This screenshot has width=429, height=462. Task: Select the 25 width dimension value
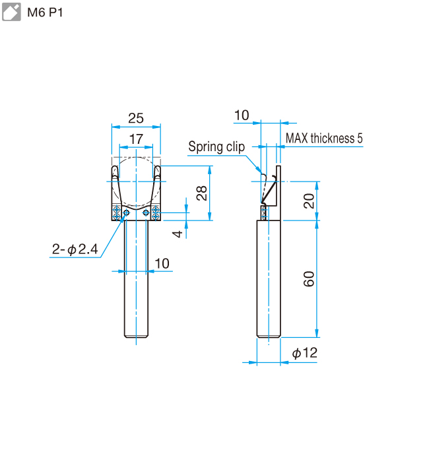tap(135, 118)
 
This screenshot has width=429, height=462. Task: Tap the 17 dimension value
tap(135, 139)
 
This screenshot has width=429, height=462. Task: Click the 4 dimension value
tap(176, 233)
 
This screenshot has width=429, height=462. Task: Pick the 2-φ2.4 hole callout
tap(75, 249)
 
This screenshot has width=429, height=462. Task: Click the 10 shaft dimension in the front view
tap(162, 263)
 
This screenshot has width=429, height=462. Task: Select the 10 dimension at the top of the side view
tap(242, 115)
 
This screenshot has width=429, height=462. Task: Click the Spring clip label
tap(216, 146)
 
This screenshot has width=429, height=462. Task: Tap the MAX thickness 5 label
tap(324, 139)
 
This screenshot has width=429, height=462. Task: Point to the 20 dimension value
tap(309, 201)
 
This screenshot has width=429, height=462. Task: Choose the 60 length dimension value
tap(309, 279)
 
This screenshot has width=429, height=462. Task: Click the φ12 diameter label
tap(304, 354)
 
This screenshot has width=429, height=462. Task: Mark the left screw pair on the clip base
tap(117, 213)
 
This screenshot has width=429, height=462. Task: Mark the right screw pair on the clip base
tap(155, 213)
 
